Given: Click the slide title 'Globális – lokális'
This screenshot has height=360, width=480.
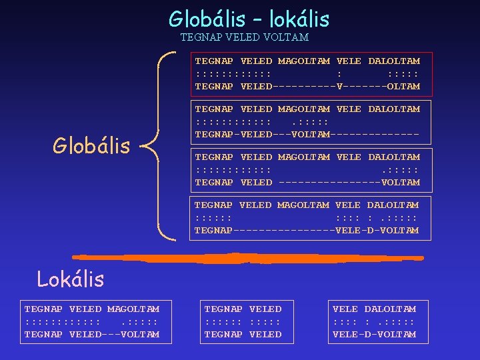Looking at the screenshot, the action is coord(249,19).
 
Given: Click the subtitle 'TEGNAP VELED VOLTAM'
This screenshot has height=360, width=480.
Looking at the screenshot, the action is coord(245,37).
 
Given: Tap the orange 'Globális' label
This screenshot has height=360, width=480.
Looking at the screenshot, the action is coord(91,145).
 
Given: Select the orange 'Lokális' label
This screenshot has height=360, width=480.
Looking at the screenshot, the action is coord(71,279).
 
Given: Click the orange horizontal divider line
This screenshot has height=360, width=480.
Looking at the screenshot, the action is coord(247,257).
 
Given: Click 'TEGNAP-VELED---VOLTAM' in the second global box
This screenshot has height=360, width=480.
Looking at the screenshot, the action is coord(262,134).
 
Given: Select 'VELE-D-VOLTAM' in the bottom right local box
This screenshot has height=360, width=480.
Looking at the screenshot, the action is coord(374,334).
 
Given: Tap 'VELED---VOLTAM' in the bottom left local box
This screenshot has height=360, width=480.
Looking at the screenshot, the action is coord(114,334).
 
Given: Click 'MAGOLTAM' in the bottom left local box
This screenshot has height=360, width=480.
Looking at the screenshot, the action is coord(133,309).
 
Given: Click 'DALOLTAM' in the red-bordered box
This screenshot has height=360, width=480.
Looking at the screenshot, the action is coord(394,61).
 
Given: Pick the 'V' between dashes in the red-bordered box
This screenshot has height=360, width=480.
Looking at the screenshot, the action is coord(340,86).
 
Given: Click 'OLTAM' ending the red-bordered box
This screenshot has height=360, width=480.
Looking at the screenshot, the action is coord(403,86).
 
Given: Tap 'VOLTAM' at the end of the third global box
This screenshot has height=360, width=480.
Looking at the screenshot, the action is coord(401,182).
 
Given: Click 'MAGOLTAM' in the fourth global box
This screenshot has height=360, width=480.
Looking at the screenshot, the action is coord(303,205).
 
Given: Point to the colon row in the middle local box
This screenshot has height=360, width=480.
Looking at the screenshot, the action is coord(243,321).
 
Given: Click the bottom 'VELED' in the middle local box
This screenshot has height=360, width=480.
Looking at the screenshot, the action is coord(265,334).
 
